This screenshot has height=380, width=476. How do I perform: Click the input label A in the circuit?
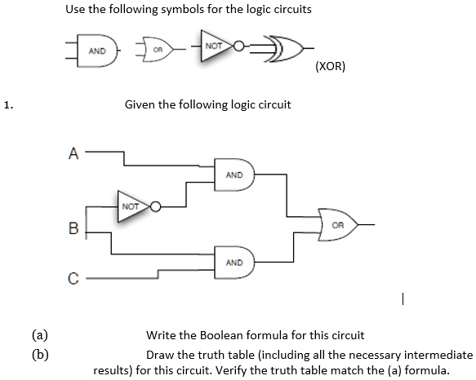pos(73,153)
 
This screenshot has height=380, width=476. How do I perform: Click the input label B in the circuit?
pos(73,228)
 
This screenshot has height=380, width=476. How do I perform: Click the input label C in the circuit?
pos(73,278)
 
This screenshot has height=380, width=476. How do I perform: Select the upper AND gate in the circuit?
pos(234,175)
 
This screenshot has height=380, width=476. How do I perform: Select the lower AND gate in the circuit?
pos(234,263)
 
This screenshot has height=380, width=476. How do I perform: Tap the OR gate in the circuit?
pos(337,225)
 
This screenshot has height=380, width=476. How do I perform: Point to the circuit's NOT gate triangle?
pos(132,206)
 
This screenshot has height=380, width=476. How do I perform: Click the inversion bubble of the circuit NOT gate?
pos(155,206)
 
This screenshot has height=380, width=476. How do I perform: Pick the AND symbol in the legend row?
pos(97,51)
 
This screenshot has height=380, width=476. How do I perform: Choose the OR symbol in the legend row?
pos(158,50)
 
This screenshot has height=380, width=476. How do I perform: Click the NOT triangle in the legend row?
pos(216,46)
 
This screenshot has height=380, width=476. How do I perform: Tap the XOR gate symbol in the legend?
pos(283,49)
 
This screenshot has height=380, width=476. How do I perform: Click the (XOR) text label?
pos(331,66)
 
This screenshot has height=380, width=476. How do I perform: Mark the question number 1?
pos(8,105)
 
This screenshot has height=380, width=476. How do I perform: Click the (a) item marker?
pos(40,335)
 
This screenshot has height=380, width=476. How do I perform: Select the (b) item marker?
pos(40,355)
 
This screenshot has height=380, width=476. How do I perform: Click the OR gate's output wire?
pos(367,225)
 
